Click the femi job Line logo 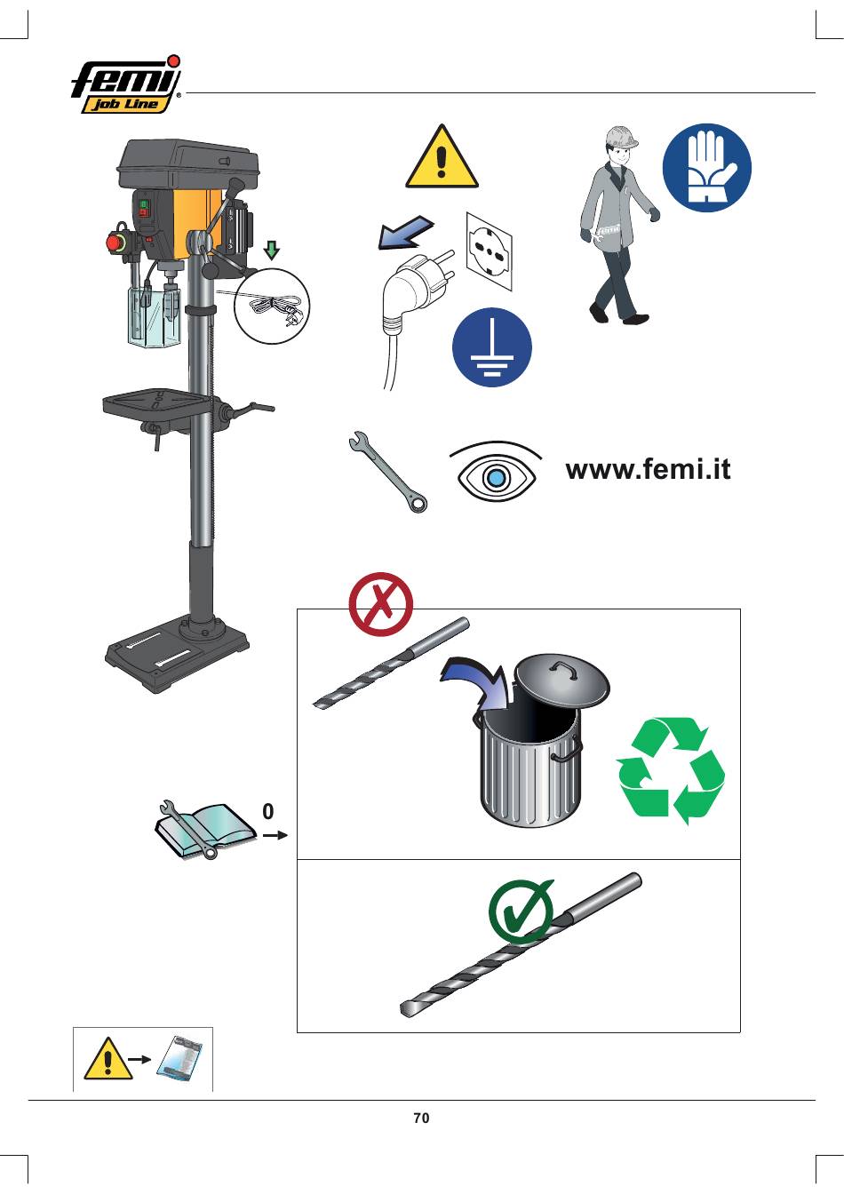(x=126, y=85)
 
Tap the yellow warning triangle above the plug (x=442, y=158)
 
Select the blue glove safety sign (x=707, y=167)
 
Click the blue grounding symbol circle (x=491, y=346)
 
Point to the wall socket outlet (x=489, y=251)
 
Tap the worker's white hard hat (x=622, y=138)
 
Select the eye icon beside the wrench (x=496, y=473)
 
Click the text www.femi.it (x=648, y=470)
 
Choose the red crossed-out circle (x=380, y=604)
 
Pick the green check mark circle (x=520, y=911)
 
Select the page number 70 (x=421, y=1118)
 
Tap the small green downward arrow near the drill (x=272, y=250)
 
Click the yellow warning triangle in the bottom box (x=108, y=1059)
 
